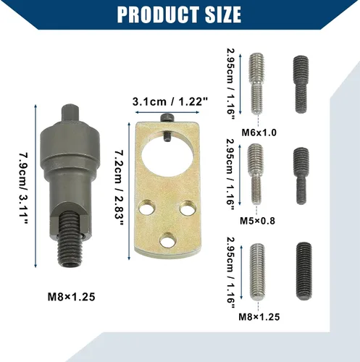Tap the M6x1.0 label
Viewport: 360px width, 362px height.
coord(259,132)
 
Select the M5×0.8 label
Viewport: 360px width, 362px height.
coord(257,221)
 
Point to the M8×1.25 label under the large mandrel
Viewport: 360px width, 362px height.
coord(72,297)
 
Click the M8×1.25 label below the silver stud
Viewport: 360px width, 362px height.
coord(259,316)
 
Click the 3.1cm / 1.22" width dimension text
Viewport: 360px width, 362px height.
coord(170,101)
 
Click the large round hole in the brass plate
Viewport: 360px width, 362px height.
coord(168,158)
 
